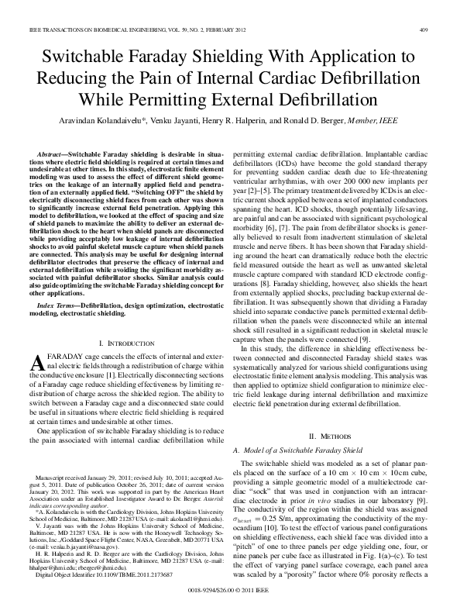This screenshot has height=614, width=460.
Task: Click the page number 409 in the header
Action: pyautogui.click(x=424, y=29)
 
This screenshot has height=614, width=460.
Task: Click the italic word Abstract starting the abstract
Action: pyautogui.click(x=52, y=155)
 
